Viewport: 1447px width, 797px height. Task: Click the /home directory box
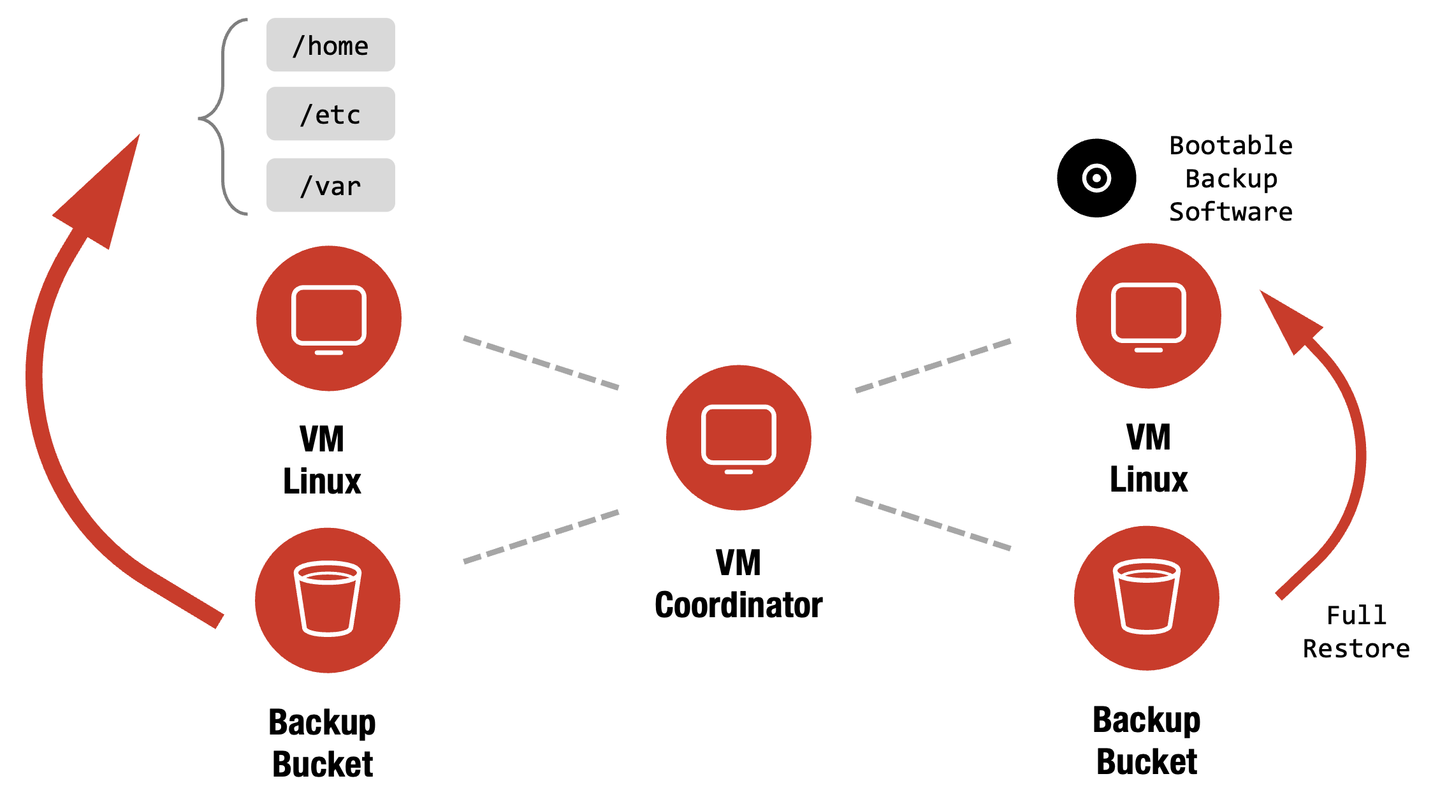330,45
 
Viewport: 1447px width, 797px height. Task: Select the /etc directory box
330,114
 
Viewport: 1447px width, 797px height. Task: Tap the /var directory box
330,186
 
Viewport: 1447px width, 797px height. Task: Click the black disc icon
1096,178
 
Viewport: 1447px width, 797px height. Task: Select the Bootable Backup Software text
1230,179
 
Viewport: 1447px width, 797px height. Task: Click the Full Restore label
1356,632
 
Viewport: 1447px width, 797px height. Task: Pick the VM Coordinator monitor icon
738,437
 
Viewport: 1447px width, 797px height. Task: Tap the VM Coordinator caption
738,583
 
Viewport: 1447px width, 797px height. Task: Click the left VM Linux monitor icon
328,318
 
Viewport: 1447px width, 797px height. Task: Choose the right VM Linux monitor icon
1148,316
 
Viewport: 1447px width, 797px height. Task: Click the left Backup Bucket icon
327,600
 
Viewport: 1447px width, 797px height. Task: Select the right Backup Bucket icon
1146,597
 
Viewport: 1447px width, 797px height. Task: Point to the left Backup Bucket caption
323,743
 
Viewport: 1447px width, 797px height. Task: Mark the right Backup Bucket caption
1146,740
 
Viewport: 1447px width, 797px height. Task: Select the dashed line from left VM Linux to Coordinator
541,362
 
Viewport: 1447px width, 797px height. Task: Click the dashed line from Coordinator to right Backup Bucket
933,523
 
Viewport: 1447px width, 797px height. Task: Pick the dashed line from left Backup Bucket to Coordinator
541,536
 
